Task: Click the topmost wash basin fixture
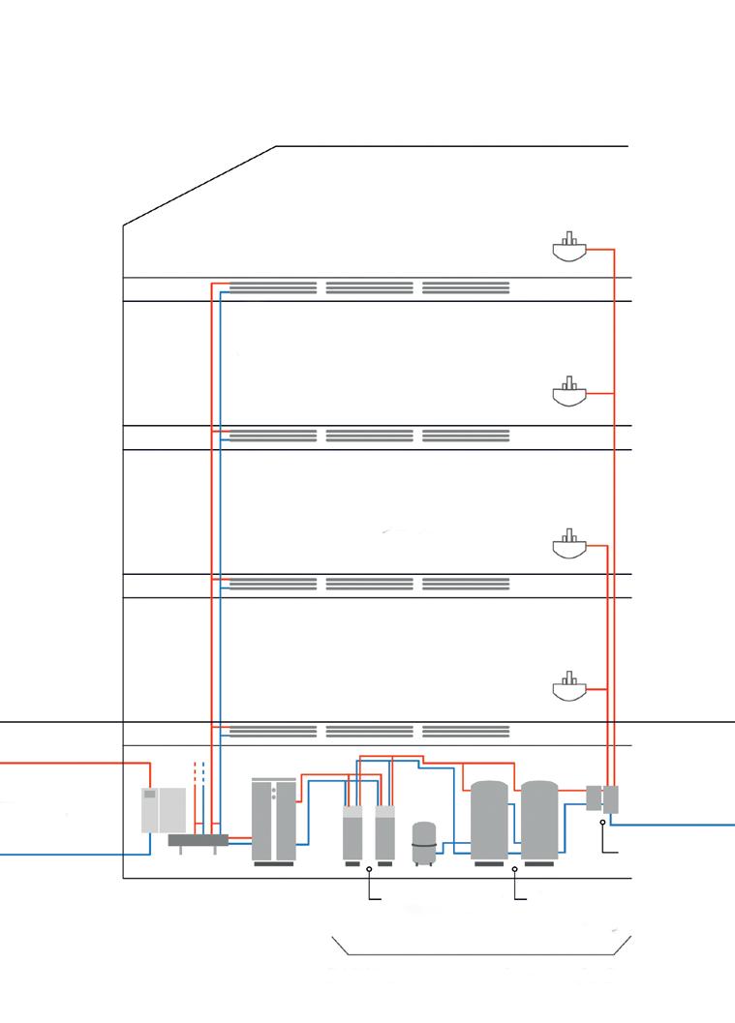click(x=568, y=249)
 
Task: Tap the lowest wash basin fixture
click(x=568, y=688)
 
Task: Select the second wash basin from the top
click(x=568, y=393)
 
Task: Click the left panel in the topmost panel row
click(x=273, y=287)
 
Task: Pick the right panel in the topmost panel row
click(x=466, y=287)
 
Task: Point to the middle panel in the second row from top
click(x=369, y=436)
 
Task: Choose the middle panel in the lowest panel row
click(x=369, y=732)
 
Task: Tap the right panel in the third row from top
click(x=466, y=584)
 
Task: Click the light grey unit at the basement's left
click(x=164, y=810)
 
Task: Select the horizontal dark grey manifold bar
click(x=199, y=840)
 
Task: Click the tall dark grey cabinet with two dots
click(x=273, y=819)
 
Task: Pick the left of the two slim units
click(x=354, y=831)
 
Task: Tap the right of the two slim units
click(x=384, y=831)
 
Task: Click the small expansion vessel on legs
click(x=423, y=843)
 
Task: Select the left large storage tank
click(x=489, y=820)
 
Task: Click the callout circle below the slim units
click(x=370, y=870)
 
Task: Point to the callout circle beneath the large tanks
click(x=514, y=870)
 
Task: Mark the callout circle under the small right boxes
click(x=602, y=823)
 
